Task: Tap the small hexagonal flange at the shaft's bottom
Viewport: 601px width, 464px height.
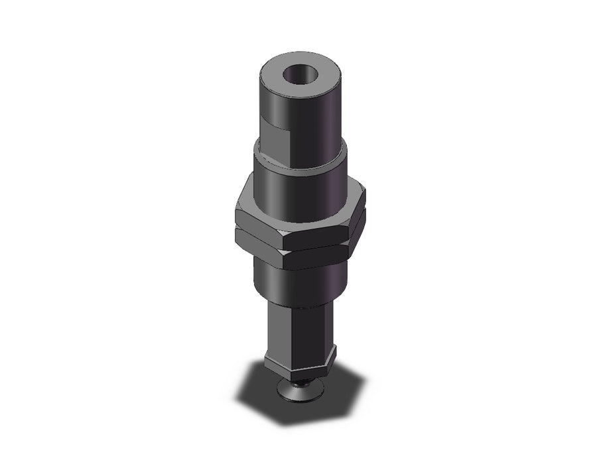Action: point(299,367)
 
